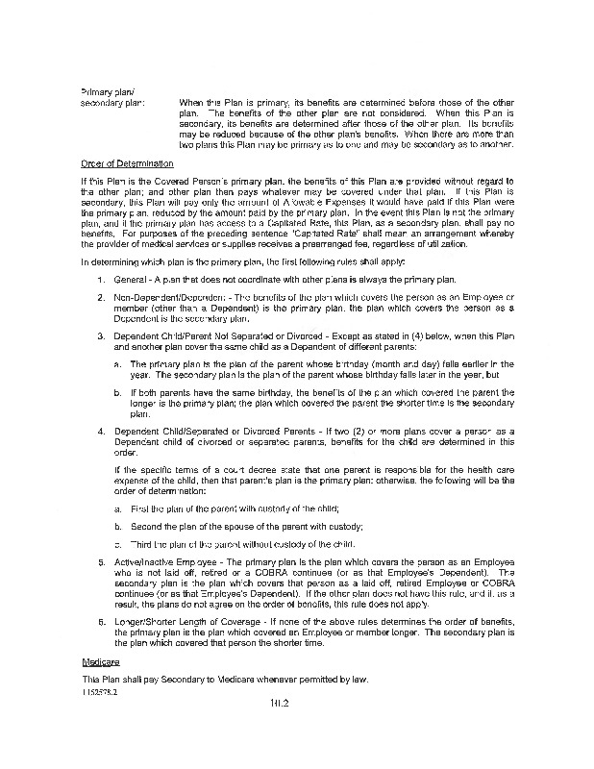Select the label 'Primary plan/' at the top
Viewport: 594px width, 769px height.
104,92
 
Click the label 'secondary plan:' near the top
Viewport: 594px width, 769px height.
112,103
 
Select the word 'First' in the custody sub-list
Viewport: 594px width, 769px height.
140,508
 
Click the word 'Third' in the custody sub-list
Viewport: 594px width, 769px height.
141,544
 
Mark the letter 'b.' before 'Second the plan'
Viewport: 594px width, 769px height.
117,526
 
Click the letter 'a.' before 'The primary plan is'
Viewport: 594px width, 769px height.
117,364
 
